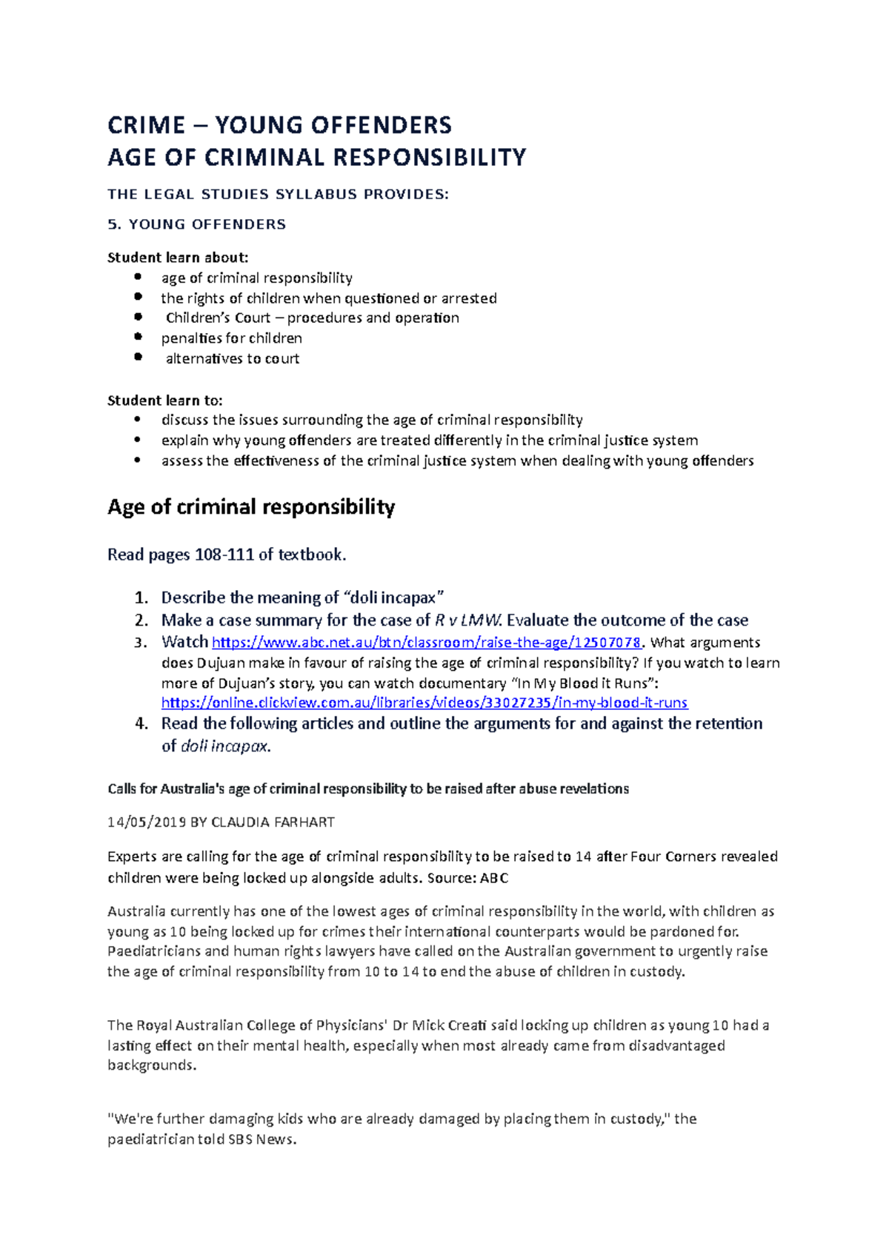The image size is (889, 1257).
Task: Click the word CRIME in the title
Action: tap(146, 125)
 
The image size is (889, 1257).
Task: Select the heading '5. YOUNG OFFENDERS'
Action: tap(196, 224)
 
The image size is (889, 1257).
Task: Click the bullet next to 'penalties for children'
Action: tap(138, 337)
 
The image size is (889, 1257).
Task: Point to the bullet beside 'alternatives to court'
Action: tap(138, 357)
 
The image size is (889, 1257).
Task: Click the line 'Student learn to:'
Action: tap(164, 400)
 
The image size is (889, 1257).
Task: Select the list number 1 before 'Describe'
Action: tap(141, 597)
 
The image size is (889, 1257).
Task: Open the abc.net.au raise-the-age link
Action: tap(426, 643)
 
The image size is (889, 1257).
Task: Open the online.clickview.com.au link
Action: tap(424, 703)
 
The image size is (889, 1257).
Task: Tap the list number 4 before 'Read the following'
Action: tap(141, 723)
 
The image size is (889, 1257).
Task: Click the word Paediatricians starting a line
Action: tap(154, 951)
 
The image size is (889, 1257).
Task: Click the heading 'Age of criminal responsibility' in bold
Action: tap(251, 507)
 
